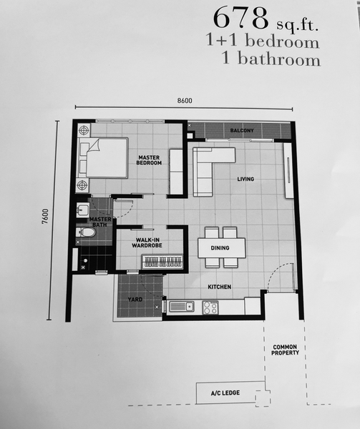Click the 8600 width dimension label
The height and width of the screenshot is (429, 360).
(x=185, y=101)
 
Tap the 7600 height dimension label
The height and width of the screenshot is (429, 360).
(x=45, y=216)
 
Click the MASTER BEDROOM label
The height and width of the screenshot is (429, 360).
(x=149, y=160)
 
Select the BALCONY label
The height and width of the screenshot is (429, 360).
(x=242, y=131)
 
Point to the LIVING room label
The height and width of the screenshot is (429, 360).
(x=245, y=179)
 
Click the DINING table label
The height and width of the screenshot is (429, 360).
(x=220, y=248)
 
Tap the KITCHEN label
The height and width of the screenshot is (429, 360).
(x=219, y=287)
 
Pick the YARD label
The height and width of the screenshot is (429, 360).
(x=135, y=300)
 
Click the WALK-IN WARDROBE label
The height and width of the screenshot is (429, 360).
(x=147, y=242)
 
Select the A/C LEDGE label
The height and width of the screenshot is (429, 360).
(x=225, y=393)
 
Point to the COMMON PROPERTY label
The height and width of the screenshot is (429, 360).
(x=285, y=350)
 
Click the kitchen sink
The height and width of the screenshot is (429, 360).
(x=182, y=307)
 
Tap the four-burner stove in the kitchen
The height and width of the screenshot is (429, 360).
(x=210, y=307)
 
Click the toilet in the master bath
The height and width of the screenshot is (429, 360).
(x=85, y=232)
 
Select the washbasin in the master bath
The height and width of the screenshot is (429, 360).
(x=82, y=209)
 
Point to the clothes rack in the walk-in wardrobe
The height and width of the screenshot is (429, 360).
(x=162, y=262)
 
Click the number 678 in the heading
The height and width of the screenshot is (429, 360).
(x=240, y=18)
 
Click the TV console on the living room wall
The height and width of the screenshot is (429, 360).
(x=288, y=170)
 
